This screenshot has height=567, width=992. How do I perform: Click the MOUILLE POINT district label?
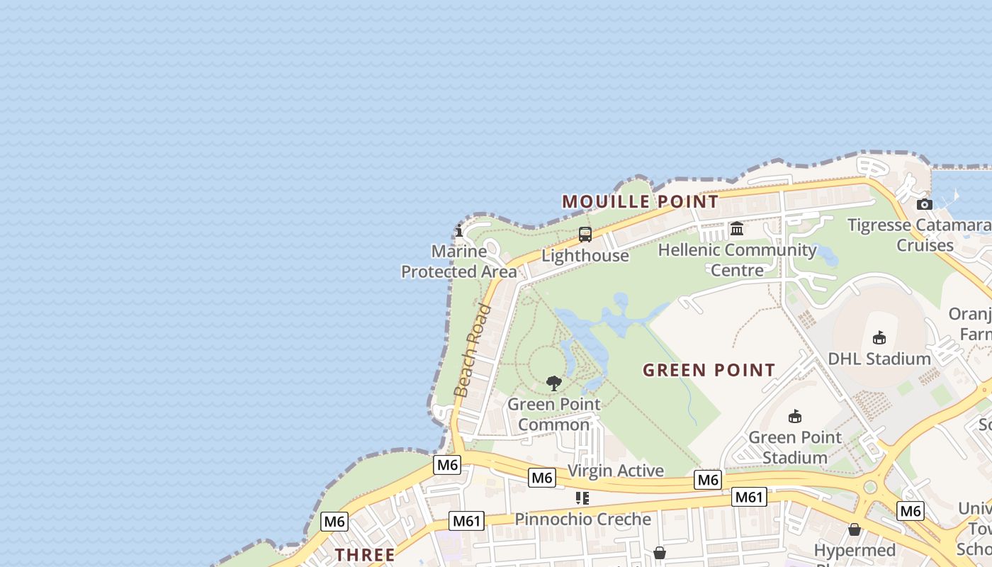[641, 202]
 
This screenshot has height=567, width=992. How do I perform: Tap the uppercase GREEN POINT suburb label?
[709, 370]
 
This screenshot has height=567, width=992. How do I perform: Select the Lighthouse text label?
[585, 256]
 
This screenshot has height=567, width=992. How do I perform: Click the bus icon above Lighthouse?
[585, 235]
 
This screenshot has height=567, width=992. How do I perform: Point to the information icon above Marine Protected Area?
[459, 230]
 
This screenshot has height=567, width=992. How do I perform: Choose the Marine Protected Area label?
[459, 262]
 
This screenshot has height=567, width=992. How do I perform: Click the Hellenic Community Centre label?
[737, 260]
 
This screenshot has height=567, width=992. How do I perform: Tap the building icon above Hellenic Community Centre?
[737, 229]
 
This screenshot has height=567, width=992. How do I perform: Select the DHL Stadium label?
[879, 359]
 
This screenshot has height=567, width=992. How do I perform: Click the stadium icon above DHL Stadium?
[879, 337]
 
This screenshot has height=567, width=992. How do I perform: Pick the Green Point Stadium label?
[795, 447]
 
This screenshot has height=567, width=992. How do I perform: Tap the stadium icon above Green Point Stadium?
[795, 416]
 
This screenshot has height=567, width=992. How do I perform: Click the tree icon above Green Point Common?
[554, 383]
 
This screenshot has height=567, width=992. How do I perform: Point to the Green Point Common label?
[554, 415]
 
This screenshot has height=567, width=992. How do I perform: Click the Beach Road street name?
[473, 350]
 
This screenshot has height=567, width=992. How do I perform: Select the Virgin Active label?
[616, 471]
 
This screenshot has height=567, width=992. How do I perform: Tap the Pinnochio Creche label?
[582, 519]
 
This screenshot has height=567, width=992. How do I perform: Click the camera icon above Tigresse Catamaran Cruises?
[924, 204]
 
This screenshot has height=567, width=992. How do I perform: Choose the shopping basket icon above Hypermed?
[855, 529]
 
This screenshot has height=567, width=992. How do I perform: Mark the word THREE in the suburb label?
[365, 555]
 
